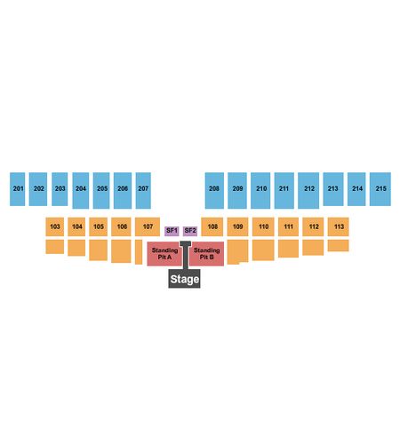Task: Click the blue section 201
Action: [18, 189]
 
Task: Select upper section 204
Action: [81, 191]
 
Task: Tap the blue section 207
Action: [143, 191]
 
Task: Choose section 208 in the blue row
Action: [214, 191]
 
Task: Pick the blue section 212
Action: [308, 191]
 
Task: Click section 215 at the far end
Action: [380, 189]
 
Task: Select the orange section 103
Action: [55, 226]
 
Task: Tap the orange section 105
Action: [99, 226]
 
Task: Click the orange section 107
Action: [148, 226]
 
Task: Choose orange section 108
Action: [212, 226]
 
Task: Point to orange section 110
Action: [263, 226]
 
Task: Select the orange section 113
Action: [339, 226]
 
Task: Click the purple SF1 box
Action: [172, 231]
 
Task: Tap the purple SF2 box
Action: [190, 231]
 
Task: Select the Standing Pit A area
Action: [164, 254]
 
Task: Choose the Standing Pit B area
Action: [207, 254]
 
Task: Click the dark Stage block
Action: [185, 279]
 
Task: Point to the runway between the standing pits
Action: [186, 255]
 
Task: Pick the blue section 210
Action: [260, 191]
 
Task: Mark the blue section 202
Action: [38, 189]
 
